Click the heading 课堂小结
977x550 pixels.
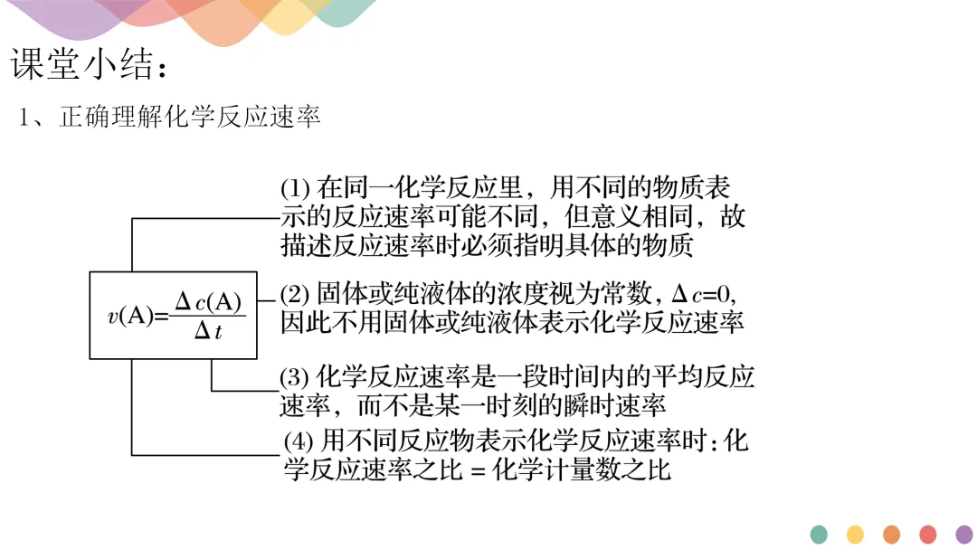tap(89, 64)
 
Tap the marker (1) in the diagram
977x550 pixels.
tap(295, 188)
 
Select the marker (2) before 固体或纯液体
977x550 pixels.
tap(295, 294)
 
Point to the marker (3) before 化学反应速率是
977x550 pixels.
tap(295, 377)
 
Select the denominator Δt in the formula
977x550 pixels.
tap(207, 332)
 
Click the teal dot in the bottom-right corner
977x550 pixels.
tap(819, 535)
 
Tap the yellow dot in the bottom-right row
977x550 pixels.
tap(855, 535)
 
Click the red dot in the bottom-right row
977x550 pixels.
tap(927, 535)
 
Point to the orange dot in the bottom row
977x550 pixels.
tap(891, 535)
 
